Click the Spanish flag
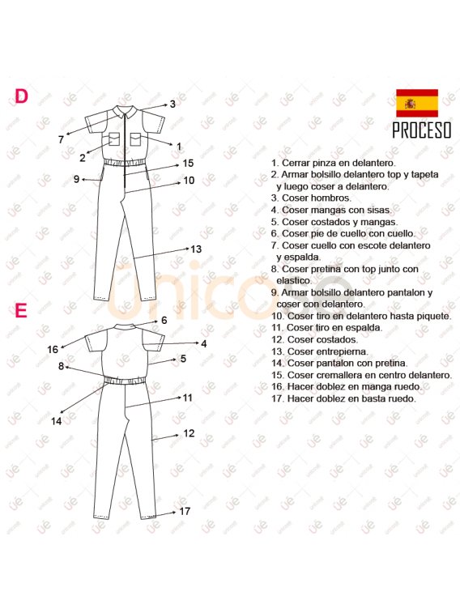point(417,103)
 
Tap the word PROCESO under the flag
point(422,130)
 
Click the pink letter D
point(21,96)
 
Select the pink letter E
point(21,310)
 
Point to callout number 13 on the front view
point(196,249)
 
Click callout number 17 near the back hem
point(185,511)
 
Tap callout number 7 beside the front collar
point(61,139)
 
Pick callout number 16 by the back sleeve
point(53,349)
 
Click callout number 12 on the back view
point(189,433)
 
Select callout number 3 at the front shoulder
point(172,104)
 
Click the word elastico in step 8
point(294,281)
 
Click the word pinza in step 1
point(324,163)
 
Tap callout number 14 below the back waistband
point(56,421)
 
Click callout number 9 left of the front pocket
point(77,179)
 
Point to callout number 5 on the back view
point(183,359)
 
